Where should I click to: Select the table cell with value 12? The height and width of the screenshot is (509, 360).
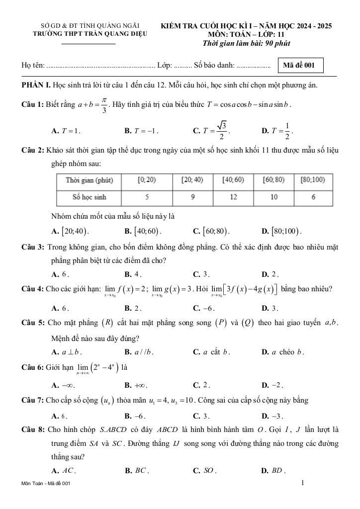point(233,197)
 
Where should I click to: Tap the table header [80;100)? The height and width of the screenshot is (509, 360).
point(313,180)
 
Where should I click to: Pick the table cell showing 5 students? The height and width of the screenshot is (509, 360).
point(147,197)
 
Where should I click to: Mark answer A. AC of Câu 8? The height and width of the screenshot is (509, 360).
point(64,470)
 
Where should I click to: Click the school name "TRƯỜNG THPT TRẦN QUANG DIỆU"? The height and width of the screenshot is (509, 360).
point(89,34)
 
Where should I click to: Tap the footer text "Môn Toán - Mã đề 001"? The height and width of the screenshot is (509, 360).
point(48,484)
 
